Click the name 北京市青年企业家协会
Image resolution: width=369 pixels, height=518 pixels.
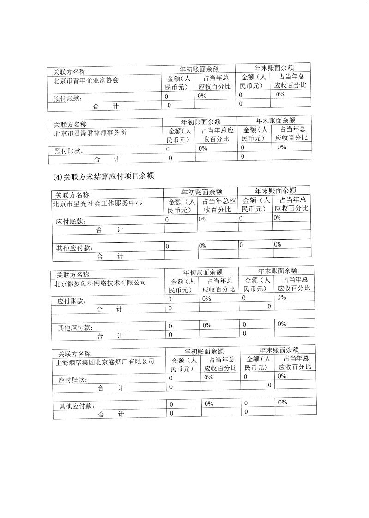click(x=86, y=80)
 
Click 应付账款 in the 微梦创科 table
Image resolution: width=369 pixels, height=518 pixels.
click(x=72, y=301)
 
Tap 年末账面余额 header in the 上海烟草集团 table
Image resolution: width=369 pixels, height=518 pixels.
click(x=279, y=350)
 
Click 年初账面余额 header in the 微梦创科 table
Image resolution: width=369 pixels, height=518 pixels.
click(x=203, y=272)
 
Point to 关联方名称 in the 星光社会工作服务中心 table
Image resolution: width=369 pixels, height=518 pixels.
click(x=73, y=195)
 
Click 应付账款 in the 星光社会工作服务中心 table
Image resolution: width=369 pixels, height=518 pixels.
click(x=71, y=222)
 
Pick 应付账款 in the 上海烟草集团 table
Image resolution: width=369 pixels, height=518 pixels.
click(x=73, y=379)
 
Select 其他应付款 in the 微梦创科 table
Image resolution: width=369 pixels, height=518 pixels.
click(x=76, y=327)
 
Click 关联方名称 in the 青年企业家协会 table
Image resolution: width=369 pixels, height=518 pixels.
click(x=69, y=72)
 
